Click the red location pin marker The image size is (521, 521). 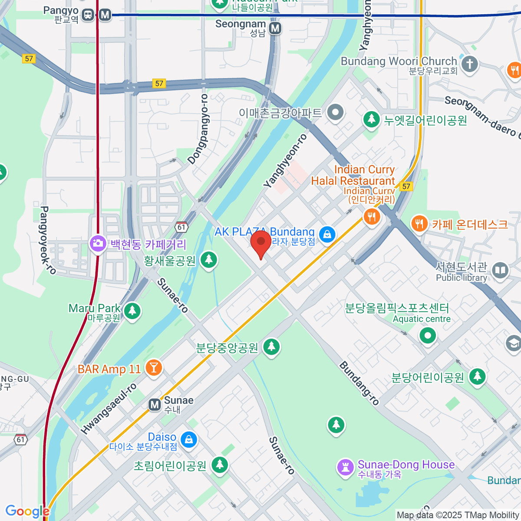coord(261,243)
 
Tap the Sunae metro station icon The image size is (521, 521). coord(155,405)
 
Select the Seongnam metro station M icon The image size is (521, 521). coord(275,29)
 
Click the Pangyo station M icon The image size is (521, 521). coord(105,15)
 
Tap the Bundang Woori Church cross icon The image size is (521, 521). coord(469,64)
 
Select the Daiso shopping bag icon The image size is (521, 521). coord(188,439)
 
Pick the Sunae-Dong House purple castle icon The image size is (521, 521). coord(346,468)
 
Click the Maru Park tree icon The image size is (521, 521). coord(132,311)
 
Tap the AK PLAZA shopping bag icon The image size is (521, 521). coord(327,234)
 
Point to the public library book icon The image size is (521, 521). coord(500,270)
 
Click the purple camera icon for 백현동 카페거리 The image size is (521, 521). coord(98,243)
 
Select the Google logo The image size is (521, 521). coord(27,511)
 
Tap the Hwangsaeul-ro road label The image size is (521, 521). coord(109,409)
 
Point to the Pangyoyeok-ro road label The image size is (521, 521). coord(48,240)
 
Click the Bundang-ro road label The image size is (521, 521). coord(359,383)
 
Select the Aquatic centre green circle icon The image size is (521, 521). coord(428,336)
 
